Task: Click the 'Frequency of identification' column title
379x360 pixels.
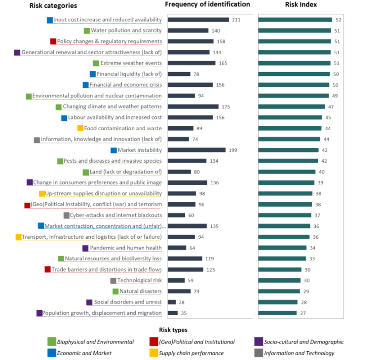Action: (x=207, y=4)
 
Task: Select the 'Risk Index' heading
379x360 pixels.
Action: (x=301, y=4)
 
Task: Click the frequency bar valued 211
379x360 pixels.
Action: (x=198, y=20)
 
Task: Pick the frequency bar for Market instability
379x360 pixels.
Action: (x=196, y=150)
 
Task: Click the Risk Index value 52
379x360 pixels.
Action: (x=338, y=20)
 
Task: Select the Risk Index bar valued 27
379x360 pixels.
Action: (x=278, y=313)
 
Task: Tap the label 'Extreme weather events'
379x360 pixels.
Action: (x=131, y=63)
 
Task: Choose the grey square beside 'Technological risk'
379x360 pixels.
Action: (x=114, y=281)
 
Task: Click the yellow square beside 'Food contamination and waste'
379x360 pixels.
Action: (x=80, y=128)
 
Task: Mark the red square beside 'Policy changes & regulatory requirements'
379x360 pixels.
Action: (x=53, y=41)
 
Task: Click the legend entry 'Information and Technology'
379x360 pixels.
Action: (x=299, y=353)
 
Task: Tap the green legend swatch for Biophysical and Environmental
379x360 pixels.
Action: (x=51, y=342)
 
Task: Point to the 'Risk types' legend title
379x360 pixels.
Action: (x=173, y=330)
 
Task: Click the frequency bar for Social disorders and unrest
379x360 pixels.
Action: (x=172, y=302)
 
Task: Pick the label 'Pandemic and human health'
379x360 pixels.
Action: (x=125, y=248)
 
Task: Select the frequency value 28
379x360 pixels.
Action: (x=182, y=302)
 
